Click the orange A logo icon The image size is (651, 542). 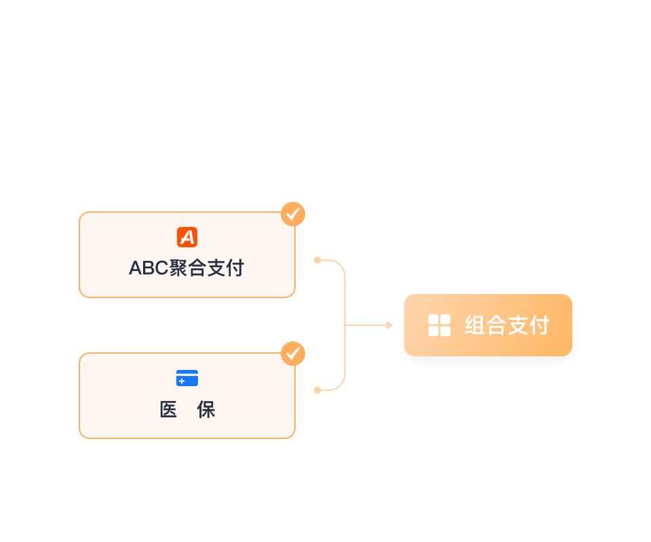tap(187, 237)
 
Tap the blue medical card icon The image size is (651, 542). tap(187, 378)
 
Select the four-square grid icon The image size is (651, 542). tap(439, 325)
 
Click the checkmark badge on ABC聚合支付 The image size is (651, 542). tap(293, 214)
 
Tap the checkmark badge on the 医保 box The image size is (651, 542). tap(293, 354)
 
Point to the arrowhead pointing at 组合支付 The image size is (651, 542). tap(390, 325)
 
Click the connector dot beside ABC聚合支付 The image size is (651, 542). tap(317, 260)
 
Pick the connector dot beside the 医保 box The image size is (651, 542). tap(317, 390)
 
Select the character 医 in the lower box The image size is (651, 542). tap(168, 410)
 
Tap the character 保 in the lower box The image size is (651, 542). tap(206, 410)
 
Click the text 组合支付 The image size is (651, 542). tap(507, 326)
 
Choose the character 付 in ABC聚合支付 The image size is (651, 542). tap(235, 268)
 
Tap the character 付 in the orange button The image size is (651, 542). tap(538, 326)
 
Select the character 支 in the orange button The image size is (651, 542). tap(517, 326)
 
